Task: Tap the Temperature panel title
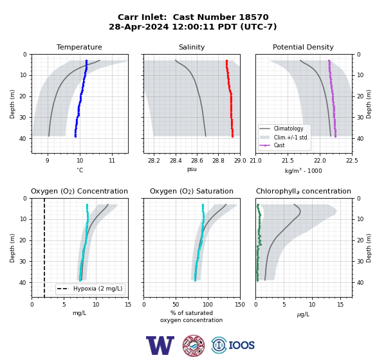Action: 79,47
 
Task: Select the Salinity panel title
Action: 192,47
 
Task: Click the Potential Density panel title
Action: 303,47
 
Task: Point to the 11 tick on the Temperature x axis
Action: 112,161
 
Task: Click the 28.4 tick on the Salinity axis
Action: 176,161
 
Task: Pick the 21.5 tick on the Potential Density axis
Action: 288,161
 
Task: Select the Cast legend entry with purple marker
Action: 272,145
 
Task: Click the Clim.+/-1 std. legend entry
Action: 284,137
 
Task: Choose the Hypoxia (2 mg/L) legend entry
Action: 90,289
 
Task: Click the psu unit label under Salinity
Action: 192,169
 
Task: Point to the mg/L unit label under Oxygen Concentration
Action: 80,313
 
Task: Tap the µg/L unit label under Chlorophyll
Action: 303,314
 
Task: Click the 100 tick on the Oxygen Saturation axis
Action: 208,304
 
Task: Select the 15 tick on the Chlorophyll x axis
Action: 340,304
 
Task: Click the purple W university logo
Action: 160,345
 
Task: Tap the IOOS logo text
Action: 242,345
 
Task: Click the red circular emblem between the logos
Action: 194,345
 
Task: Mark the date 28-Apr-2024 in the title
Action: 139,26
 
